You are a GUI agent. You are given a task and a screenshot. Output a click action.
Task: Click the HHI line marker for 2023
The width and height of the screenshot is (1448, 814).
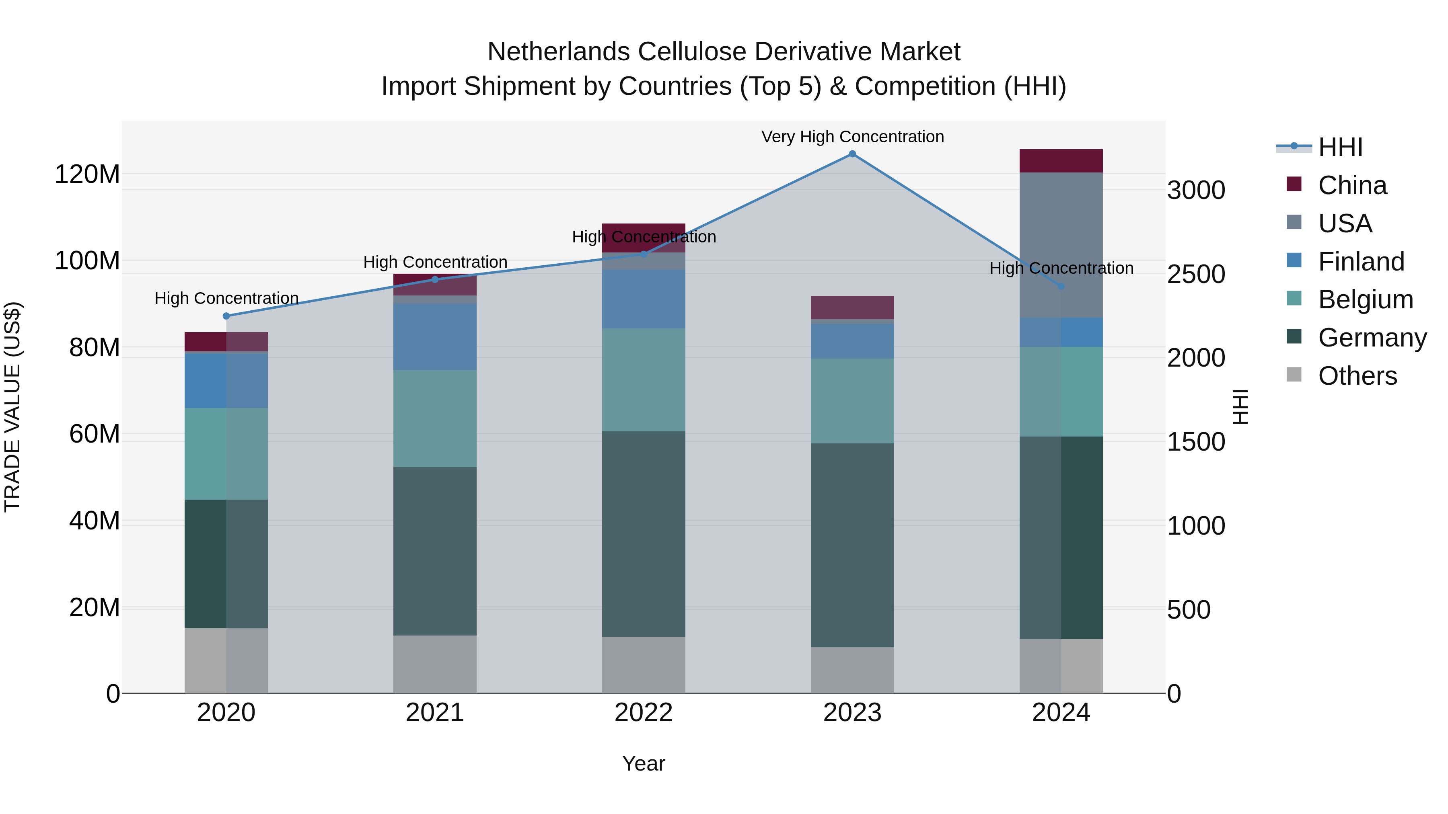tap(852, 154)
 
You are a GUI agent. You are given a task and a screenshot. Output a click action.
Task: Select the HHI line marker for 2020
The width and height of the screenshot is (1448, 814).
tap(226, 316)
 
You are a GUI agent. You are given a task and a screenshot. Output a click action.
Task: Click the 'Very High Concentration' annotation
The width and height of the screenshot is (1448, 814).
tap(852, 137)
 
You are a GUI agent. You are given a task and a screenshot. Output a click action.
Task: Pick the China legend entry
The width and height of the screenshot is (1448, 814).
tap(1352, 185)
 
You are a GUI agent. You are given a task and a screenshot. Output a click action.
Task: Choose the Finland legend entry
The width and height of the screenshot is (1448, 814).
tap(1360, 262)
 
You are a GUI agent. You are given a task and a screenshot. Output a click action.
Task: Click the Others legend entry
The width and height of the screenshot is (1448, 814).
tap(1357, 376)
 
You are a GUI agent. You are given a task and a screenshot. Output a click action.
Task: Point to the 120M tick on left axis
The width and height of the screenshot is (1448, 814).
tap(87, 174)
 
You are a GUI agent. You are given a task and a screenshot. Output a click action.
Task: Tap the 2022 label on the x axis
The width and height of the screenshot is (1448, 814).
tap(643, 713)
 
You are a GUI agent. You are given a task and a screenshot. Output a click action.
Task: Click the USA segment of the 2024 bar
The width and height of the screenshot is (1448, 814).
tap(1061, 244)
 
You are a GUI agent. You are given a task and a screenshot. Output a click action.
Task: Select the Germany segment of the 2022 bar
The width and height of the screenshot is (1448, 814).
tap(643, 534)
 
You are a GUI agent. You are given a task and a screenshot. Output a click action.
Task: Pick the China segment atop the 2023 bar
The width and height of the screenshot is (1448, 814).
tap(852, 307)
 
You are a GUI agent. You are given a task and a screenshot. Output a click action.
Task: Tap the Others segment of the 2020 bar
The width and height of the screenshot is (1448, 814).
tap(226, 660)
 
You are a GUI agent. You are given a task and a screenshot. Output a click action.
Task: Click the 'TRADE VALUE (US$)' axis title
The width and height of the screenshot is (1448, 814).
tap(13, 407)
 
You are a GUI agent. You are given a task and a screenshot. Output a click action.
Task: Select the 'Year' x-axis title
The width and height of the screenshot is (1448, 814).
tap(643, 763)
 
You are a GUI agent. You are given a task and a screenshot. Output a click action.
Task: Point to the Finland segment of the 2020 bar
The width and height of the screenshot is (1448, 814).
tap(226, 380)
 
